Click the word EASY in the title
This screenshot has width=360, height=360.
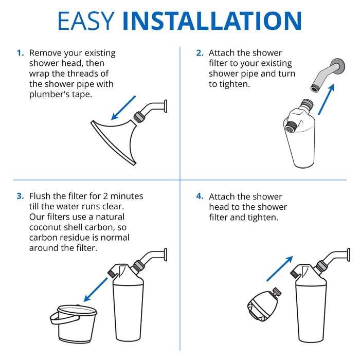[86, 21]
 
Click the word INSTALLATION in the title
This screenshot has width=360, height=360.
[212, 21]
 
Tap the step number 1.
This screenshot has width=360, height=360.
[20, 53]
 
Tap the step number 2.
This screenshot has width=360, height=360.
[200, 53]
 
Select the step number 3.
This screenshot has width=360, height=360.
[20, 196]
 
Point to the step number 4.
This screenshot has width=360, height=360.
[200, 196]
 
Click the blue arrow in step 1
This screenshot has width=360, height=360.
[123, 107]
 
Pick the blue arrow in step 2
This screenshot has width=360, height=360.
[326, 99]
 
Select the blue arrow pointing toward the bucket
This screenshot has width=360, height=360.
[96, 290]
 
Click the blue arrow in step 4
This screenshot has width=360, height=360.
[280, 268]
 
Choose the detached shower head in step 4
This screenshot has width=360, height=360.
[263, 304]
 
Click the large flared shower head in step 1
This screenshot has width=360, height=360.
[115, 140]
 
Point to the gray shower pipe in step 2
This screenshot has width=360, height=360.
[328, 75]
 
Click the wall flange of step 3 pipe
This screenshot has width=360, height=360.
[165, 255]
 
